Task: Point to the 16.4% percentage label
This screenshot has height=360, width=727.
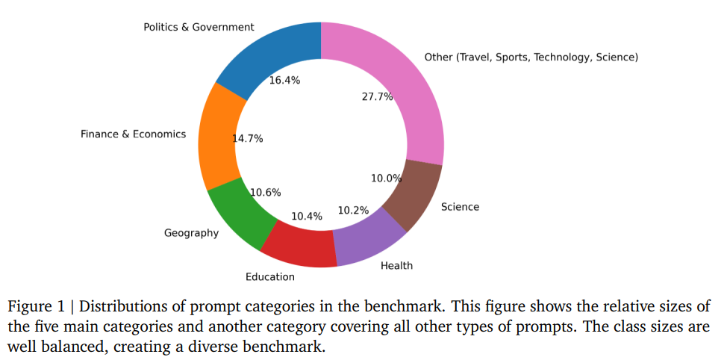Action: (284, 80)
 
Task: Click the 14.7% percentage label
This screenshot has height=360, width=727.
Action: (247, 138)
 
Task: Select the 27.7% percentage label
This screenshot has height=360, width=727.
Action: (377, 97)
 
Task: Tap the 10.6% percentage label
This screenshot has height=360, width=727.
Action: (265, 192)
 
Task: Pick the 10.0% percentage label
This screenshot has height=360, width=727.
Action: (386, 178)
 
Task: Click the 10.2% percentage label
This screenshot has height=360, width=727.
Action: (353, 210)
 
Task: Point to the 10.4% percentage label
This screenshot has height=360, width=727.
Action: (307, 216)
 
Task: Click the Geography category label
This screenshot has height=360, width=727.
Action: (192, 233)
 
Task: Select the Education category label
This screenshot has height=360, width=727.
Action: (270, 276)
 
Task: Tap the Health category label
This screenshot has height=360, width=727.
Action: (396, 265)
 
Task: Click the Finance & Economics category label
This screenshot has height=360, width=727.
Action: (134, 134)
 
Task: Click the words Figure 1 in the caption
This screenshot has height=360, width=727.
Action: (37, 307)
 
